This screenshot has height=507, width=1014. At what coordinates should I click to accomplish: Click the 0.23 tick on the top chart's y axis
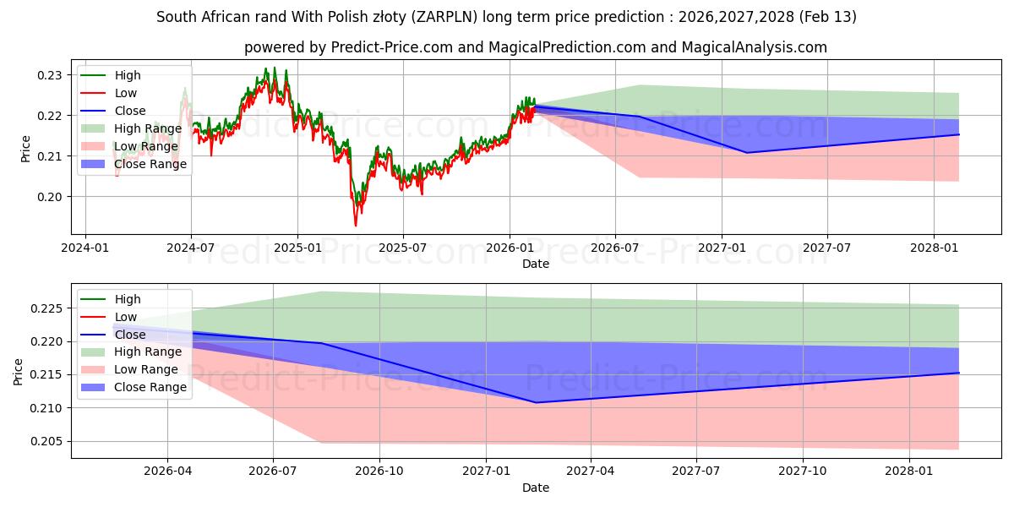51,75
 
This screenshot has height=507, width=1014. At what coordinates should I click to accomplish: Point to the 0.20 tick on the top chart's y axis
51,197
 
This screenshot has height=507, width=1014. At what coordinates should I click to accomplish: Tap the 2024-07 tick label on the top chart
191,249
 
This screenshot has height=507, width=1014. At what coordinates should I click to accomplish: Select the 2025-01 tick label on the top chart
297,249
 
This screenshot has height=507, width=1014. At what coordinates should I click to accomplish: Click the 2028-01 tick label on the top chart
933,249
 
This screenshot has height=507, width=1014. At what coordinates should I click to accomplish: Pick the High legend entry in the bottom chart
128,299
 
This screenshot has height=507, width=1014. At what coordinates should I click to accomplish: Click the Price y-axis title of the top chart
25,149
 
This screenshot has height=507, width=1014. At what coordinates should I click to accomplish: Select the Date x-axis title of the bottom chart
536,488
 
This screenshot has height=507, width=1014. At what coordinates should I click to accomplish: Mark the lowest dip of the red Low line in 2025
356,225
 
